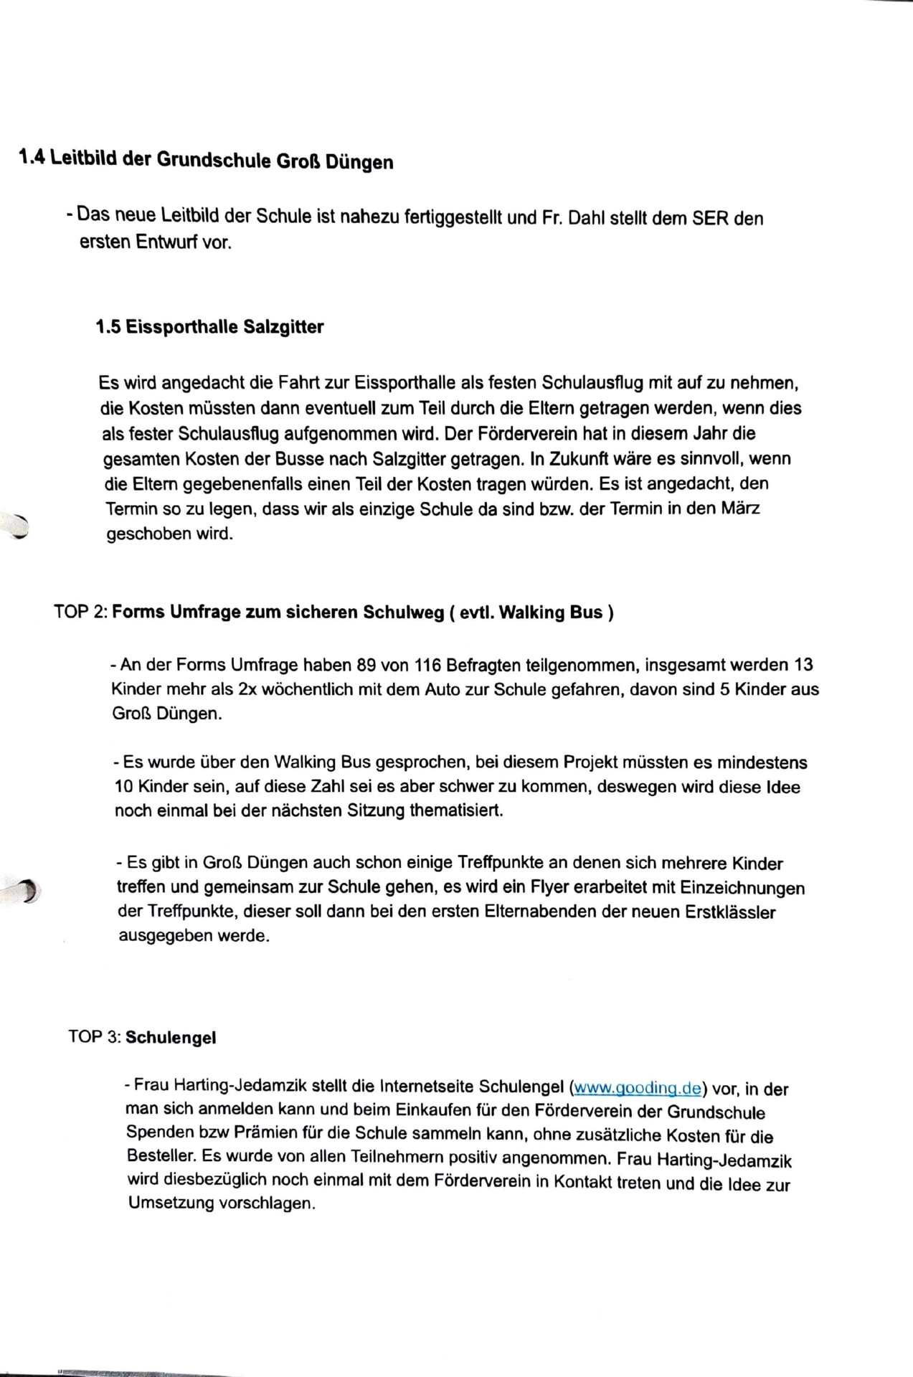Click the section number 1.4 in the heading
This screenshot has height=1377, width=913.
point(32,156)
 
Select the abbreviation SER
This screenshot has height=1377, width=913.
point(710,218)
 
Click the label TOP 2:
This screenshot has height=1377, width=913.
point(80,612)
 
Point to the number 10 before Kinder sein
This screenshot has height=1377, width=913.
point(123,787)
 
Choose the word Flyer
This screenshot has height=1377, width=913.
point(549,888)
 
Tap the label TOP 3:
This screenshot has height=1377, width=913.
point(95,1037)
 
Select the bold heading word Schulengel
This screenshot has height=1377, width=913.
point(171,1038)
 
